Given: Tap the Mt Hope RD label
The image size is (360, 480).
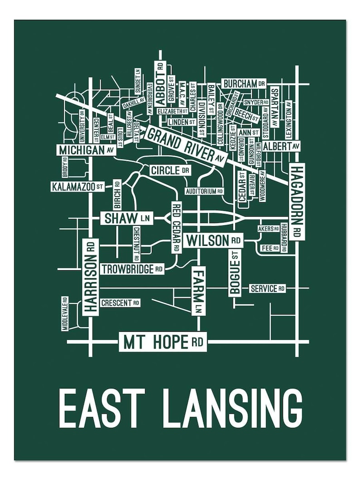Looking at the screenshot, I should point(163,342).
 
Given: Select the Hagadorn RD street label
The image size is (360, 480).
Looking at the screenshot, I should point(297,201).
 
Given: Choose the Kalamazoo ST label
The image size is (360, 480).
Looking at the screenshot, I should point(78,186).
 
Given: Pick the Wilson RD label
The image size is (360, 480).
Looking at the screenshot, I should point(214,240).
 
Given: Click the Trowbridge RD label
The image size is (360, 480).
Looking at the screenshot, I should point(132,269).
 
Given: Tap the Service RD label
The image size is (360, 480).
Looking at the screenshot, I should point(268,288).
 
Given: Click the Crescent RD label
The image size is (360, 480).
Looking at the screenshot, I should point(120,303).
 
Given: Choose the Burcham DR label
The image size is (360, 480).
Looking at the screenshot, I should point(244,84).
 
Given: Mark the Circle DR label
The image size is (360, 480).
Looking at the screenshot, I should point(170,170).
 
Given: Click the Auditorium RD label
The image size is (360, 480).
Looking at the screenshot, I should point(204,191).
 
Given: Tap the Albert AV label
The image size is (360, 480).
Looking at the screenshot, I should point(281,146).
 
